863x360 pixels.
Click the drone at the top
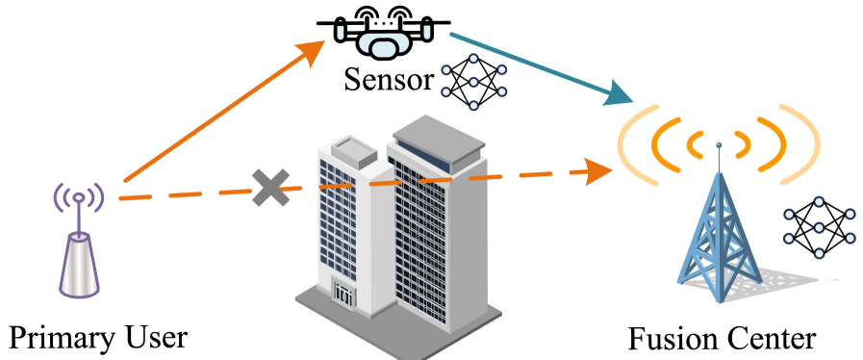tap(383, 42)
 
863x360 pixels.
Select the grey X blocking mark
tap(270, 187)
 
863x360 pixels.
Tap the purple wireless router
tap(79, 264)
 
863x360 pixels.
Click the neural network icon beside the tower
tap(819, 227)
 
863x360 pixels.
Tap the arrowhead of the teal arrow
tap(619, 94)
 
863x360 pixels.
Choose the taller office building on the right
tap(438, 221)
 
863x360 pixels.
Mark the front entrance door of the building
tap(343, 293)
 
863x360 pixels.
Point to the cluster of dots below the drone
tap(473, 81)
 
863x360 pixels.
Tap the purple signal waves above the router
tap(78, 196)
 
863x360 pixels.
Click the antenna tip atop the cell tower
tap(719, 146)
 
